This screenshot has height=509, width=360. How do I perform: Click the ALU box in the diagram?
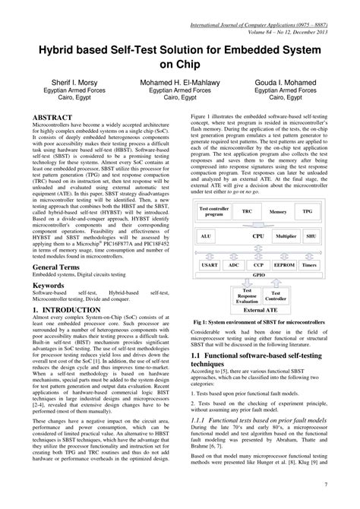pos(207,237)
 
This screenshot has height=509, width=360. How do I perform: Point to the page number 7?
pos(346,484)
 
